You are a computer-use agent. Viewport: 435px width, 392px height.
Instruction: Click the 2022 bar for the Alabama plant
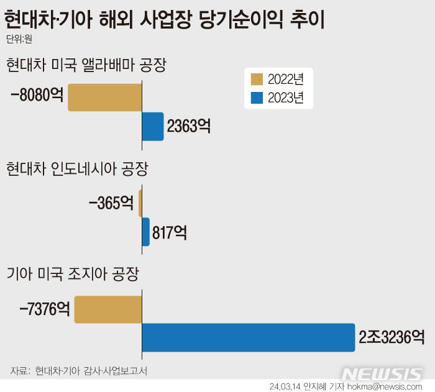coord(105,98)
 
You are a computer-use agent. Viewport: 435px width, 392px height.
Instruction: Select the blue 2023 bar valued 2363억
coord(153,126)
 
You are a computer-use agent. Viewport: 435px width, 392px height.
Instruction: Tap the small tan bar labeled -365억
coord(140,203)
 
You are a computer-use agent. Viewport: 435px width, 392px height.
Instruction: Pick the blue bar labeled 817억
coord(146,232)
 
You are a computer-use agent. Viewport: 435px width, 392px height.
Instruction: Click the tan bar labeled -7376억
coord(108,309)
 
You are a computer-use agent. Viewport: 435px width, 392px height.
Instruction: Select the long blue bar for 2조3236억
coord(249,337)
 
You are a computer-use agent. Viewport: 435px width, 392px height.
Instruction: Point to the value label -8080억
coord(37,97)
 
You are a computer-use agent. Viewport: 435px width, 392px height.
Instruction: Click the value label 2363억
coord(188,127)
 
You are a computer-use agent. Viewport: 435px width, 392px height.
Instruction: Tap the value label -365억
coord(111,203)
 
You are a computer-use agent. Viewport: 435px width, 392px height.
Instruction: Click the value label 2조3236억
coord(391,337)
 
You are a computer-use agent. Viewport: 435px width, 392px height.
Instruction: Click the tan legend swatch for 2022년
coord(257,80)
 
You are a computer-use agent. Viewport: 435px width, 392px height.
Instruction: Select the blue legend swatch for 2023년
coord(257,98)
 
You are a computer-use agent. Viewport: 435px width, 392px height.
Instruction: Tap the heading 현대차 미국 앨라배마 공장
coord(86,65)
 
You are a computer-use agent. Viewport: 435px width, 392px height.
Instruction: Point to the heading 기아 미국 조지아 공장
coord(73,273)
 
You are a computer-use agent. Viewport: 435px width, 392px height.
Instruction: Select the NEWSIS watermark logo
coord(382,374)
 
